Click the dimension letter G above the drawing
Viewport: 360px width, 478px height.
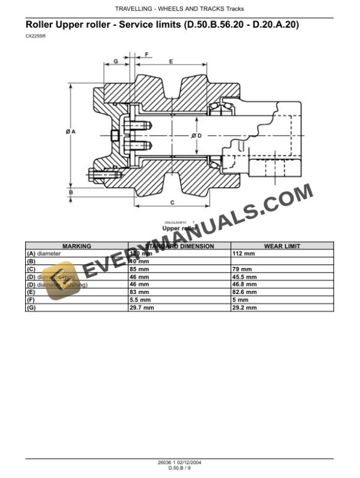pos(116,61)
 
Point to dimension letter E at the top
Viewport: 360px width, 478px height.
pos(171,61)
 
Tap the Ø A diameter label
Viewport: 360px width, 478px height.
pos(70,132)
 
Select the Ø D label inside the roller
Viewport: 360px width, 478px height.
pos(196,135)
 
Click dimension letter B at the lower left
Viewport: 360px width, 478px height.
pos(71,192)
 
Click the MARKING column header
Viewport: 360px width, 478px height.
pos(76,246)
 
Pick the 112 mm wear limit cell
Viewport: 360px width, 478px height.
pos(244,253)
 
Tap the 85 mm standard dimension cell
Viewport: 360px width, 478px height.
pos(139,269)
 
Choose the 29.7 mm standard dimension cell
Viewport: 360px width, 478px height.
pos(142,307)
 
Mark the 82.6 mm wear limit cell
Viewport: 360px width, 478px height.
pos(245,292)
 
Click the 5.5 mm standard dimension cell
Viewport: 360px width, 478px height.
pos(140,299)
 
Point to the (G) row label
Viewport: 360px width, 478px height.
pos(32,307)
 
